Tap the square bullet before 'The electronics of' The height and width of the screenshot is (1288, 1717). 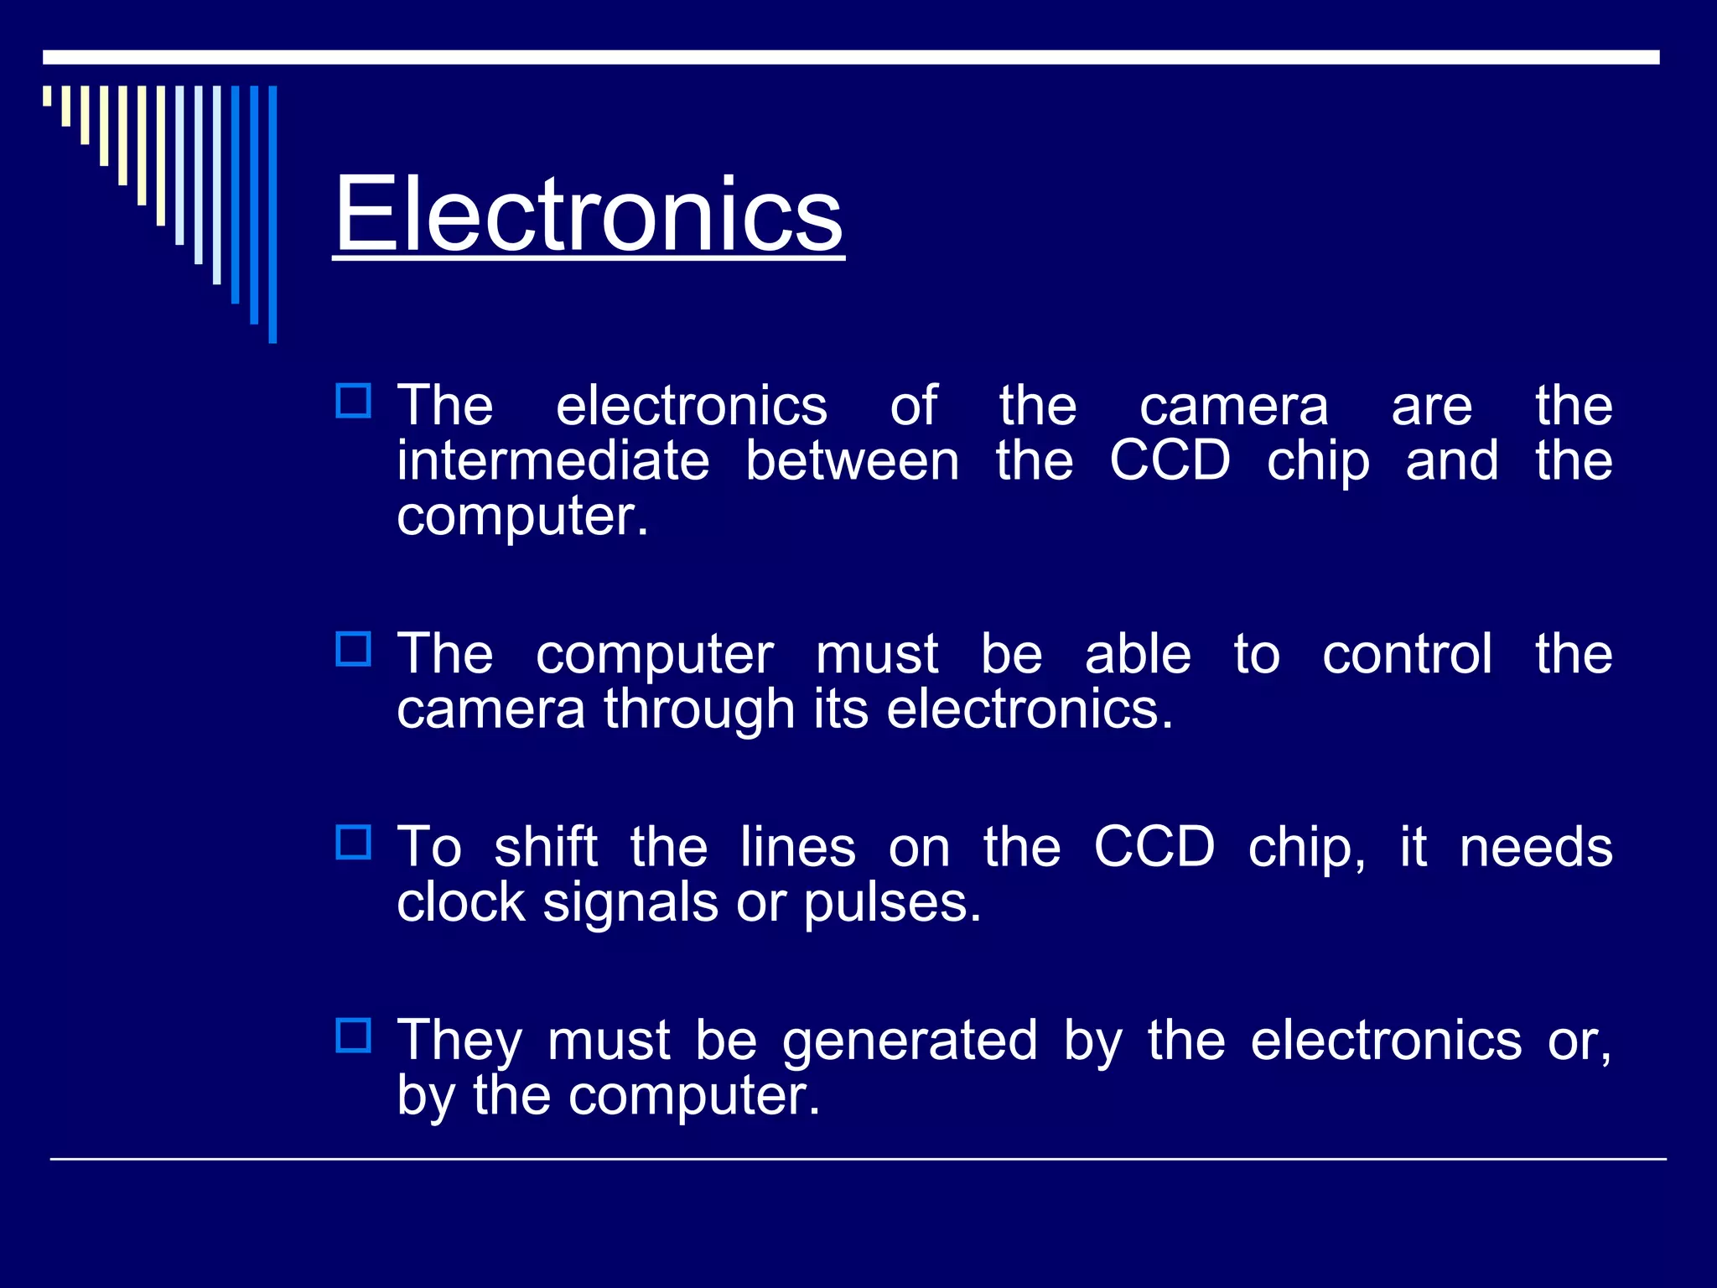click(353, 401)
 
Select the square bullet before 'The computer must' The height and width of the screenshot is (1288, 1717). click(353, 649)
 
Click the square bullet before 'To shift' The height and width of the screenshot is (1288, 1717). click(353, 842)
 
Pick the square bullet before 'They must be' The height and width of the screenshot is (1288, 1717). click(353, 1036)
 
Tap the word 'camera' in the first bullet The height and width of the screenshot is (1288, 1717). click(1233, 407)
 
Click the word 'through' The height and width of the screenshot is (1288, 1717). click(699, 709)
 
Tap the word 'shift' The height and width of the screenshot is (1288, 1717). click(546, 847)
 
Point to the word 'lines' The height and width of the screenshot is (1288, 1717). click(797, 847)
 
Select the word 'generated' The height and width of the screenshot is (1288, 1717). click(910, 1041)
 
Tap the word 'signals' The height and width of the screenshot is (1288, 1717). click(630, 904)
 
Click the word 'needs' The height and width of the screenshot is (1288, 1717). click(1536, 847)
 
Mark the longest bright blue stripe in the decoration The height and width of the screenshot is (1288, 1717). click(272, 214)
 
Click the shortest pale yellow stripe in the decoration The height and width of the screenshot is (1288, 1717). click(47, 96)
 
